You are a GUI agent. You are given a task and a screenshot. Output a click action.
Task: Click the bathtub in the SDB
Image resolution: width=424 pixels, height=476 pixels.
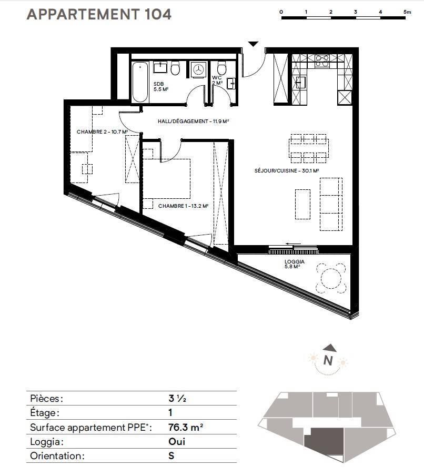(x=140, y=82)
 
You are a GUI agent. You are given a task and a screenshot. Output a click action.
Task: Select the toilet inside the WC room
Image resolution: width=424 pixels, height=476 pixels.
(x=222, y=68)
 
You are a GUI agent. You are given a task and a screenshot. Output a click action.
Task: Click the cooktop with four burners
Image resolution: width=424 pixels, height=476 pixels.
(x=322, y=60)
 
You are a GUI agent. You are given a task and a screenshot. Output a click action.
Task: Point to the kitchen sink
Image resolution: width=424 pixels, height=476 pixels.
(x=300, y=82)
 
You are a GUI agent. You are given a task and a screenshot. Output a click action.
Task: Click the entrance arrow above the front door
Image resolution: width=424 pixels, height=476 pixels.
(x=253, y=44)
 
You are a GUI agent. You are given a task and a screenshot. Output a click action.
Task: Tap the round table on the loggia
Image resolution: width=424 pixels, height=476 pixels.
(x=331, y=278)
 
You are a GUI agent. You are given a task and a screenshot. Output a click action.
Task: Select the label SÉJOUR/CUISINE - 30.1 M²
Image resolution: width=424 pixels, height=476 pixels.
(x=286, y=170)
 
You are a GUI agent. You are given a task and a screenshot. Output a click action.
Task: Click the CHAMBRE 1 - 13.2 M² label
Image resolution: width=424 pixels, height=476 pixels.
(x=183, y=206)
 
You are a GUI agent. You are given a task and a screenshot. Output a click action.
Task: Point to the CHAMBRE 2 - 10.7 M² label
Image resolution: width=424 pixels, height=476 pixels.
(x=102, y=131)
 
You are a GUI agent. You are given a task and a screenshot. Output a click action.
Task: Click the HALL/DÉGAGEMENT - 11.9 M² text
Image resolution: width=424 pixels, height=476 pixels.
(x=193, y=121)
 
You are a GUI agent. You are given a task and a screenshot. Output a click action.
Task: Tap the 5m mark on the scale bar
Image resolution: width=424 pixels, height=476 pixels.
(x=407, y=12)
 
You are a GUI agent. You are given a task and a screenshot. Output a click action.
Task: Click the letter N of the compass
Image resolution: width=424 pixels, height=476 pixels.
(x=328, y=360)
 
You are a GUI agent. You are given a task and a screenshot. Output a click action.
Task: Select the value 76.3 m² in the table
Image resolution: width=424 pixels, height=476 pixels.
(x=186, y=427)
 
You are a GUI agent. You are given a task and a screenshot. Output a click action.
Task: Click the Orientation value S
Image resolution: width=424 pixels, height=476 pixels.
(x=171, y=455)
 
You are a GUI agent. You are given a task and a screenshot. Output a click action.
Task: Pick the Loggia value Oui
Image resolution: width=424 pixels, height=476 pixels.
(x=177, y=441)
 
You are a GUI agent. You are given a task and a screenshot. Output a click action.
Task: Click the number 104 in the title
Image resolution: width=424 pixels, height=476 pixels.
(x=158, y=14)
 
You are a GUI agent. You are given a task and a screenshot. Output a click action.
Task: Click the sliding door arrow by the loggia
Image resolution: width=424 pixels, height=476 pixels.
(x=293, y=244)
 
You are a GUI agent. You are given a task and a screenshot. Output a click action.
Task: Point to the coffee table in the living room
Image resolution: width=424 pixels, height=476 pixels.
(x=302, y=204)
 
